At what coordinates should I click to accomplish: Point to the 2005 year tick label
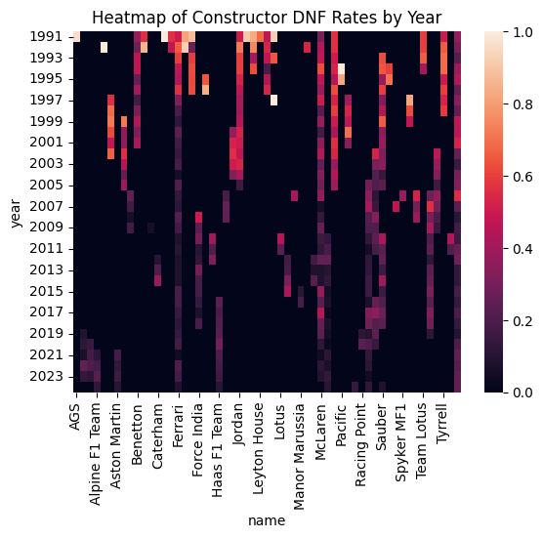click(x=48, y=185)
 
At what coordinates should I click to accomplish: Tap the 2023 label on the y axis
click(x=48, y=375)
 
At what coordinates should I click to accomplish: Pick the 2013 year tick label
click(x=48, y=269)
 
